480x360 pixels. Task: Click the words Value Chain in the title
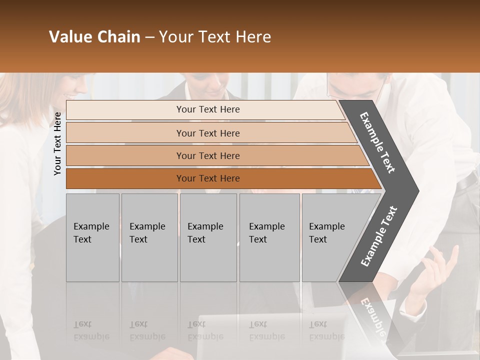pos(94,37)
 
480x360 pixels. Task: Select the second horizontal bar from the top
pos(208,133)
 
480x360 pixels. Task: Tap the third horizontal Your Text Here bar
pos(208,155)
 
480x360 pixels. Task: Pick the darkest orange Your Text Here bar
pos(208,178)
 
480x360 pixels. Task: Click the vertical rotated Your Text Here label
pos(57,143)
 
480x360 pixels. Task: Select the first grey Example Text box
pos(92,237)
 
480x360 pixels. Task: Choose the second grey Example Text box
pos(149,237)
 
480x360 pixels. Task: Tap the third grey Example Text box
pos(207,237)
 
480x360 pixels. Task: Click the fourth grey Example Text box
pos(269,237)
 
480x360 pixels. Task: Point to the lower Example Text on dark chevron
pos(379,236)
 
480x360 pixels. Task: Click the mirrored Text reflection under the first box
pos(83,324)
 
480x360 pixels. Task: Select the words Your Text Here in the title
pos(215,37)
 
